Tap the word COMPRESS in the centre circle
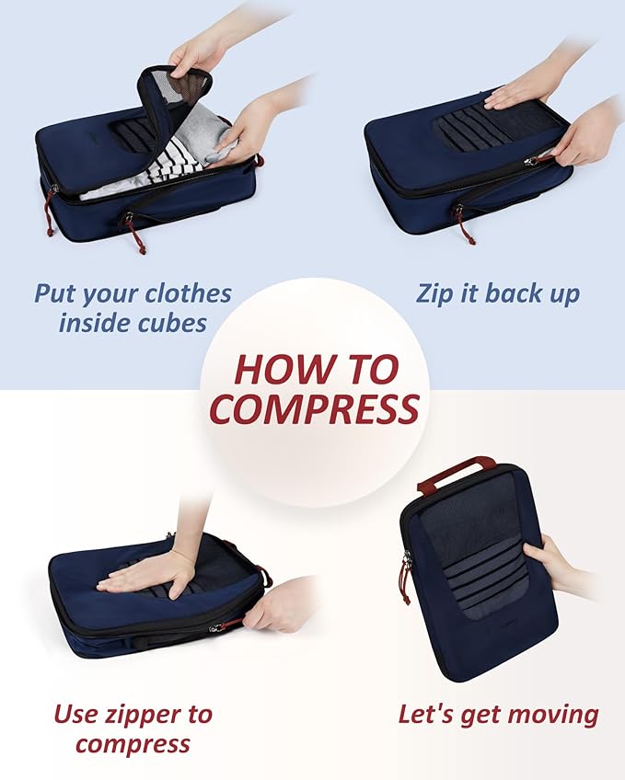314,408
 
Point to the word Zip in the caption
436,294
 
